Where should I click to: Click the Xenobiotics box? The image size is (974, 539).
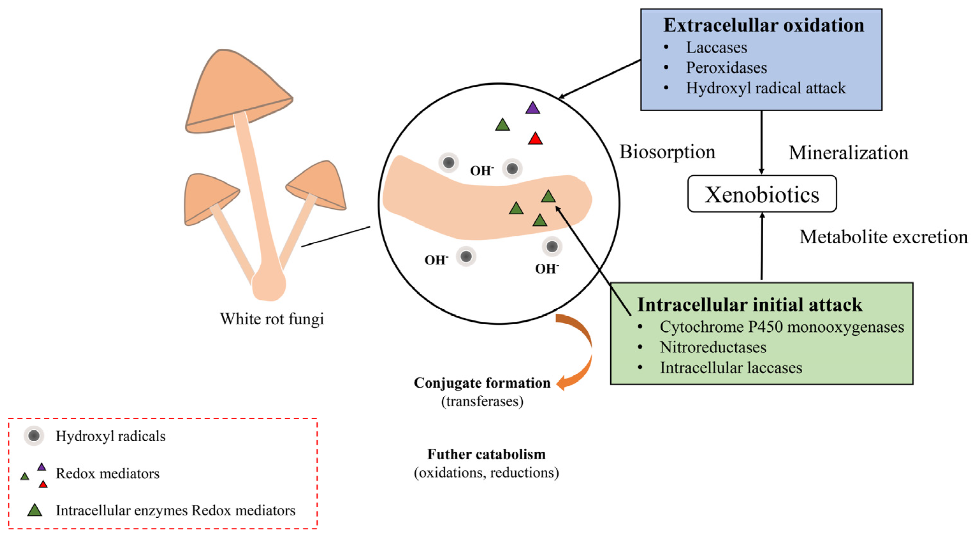[x=761, y=194]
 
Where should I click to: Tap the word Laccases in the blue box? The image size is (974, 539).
[x=716, y=48]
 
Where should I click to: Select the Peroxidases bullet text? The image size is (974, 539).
[x=726, y=68]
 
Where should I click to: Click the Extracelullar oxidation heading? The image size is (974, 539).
[x=763, y=25]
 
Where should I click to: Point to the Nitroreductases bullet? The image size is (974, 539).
[x=713, y=347]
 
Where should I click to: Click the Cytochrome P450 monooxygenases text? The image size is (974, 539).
[x=781, y=327]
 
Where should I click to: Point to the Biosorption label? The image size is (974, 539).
[x=667, y=152]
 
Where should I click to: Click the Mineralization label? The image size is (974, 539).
[x=848, y=153]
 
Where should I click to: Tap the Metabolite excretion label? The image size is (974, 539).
[x=883, y=237]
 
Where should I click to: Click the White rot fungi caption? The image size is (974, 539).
[x=272, y=319]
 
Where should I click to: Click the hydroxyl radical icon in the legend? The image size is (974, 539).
[x=34, y=436]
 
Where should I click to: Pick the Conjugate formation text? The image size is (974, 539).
[x=482, y=383]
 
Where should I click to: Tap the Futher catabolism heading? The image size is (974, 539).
[x=486, y=454]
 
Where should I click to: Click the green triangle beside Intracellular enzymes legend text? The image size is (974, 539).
[x=35, y=511]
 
